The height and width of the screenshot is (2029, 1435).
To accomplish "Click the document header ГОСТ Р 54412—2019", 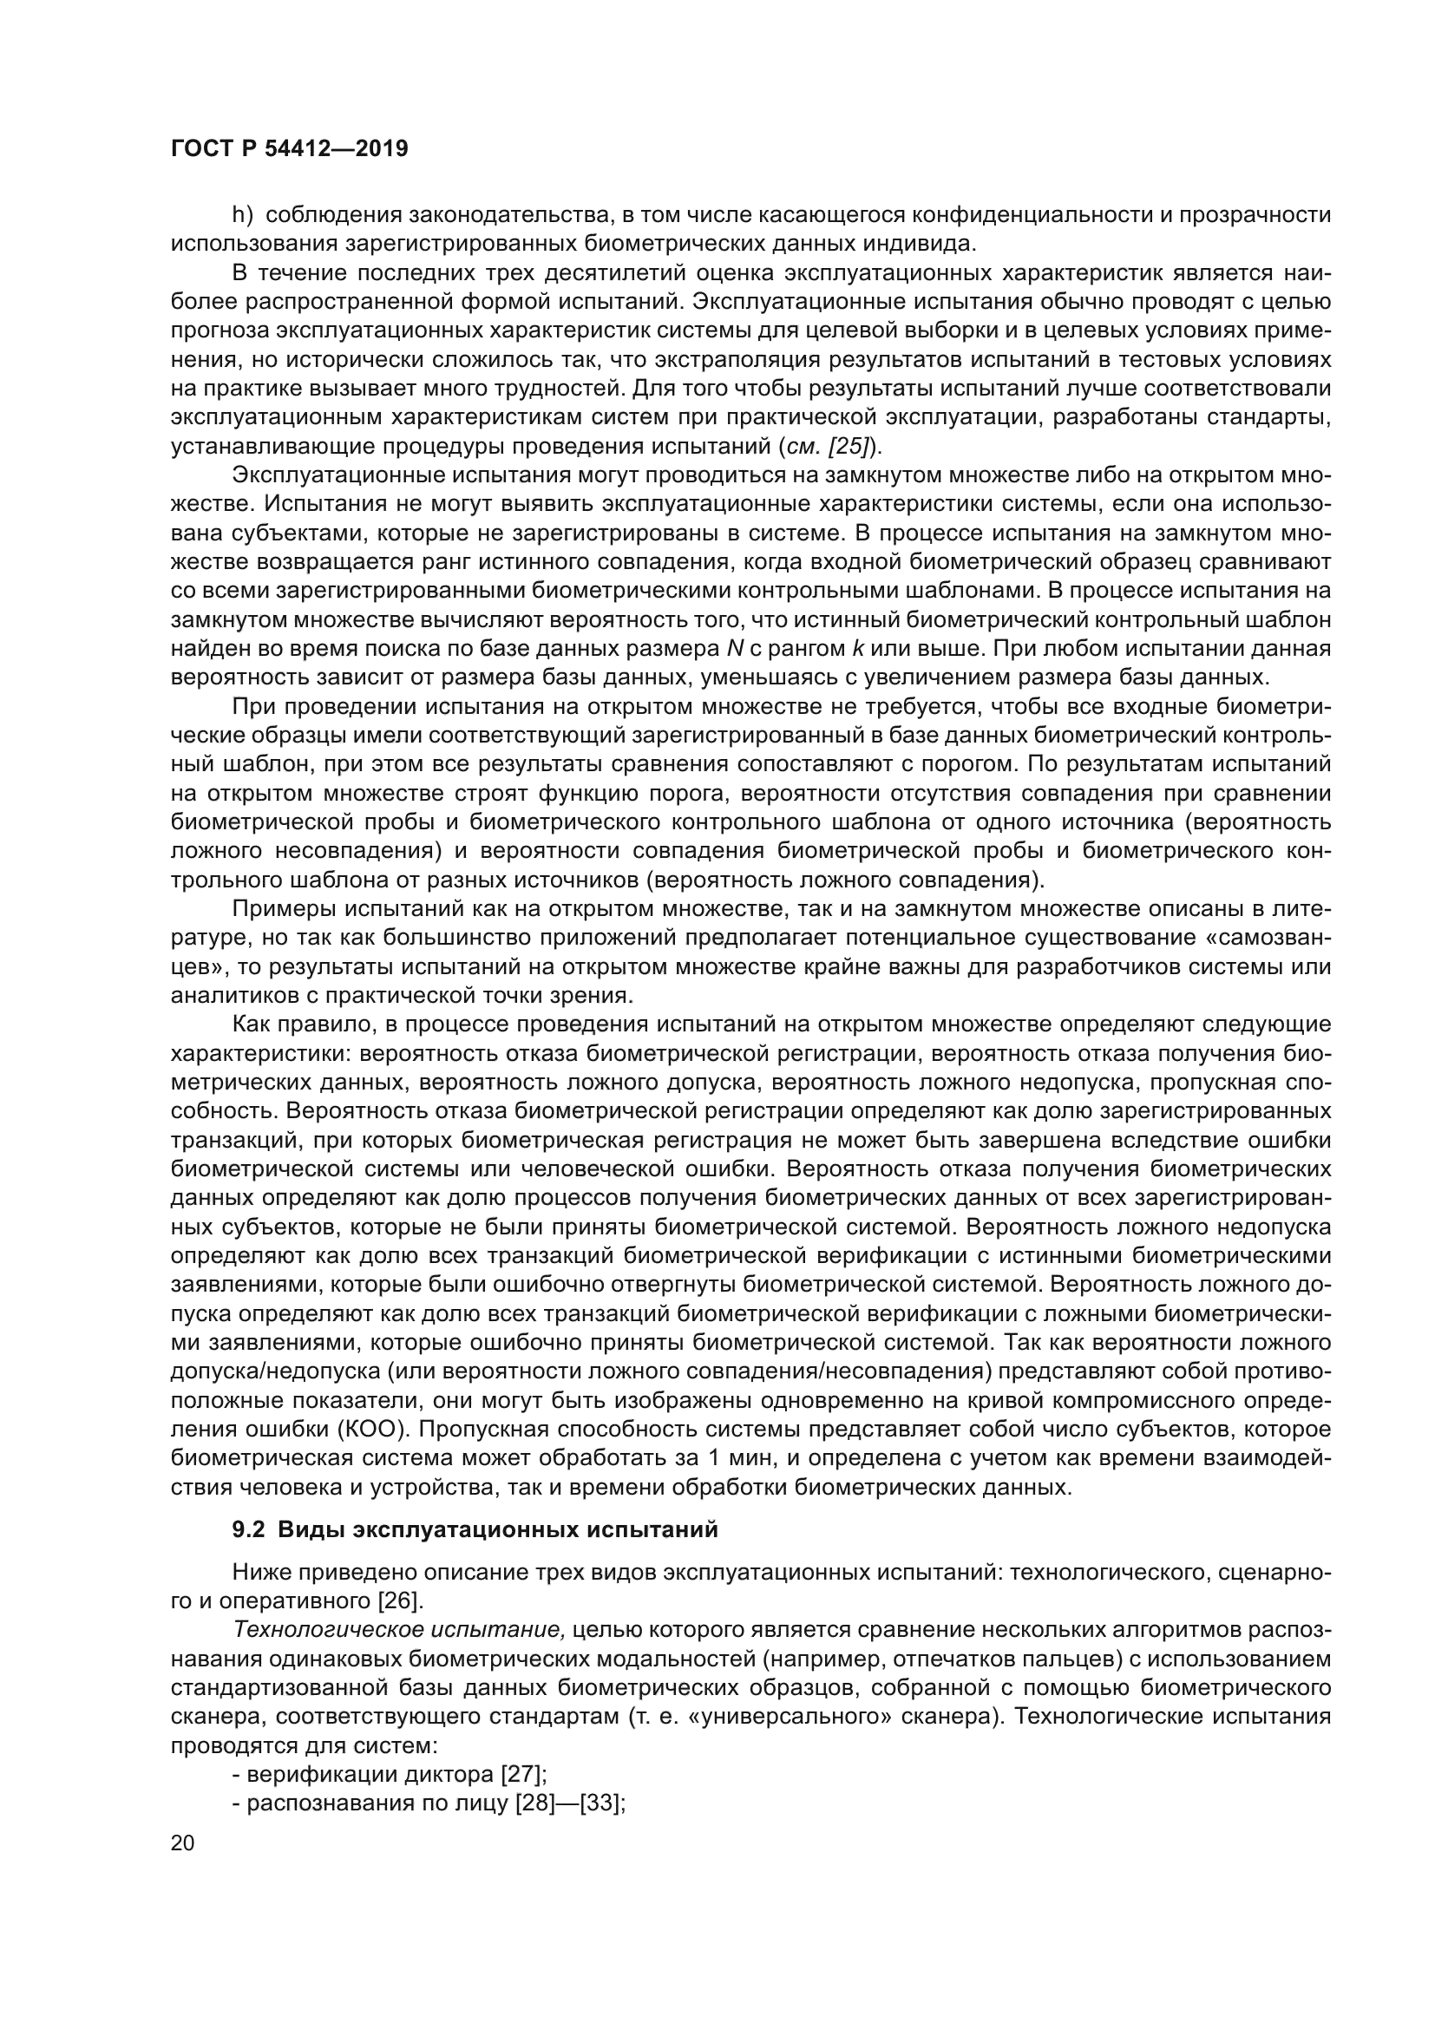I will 289,148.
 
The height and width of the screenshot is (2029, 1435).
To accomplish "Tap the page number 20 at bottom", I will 182,1842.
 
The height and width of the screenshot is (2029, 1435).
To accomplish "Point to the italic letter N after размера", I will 734,649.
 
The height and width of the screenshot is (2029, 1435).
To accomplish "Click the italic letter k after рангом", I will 856,649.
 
